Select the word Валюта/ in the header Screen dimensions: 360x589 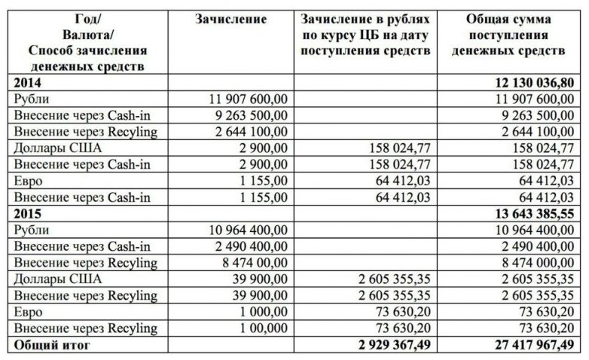pos(87,35)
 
